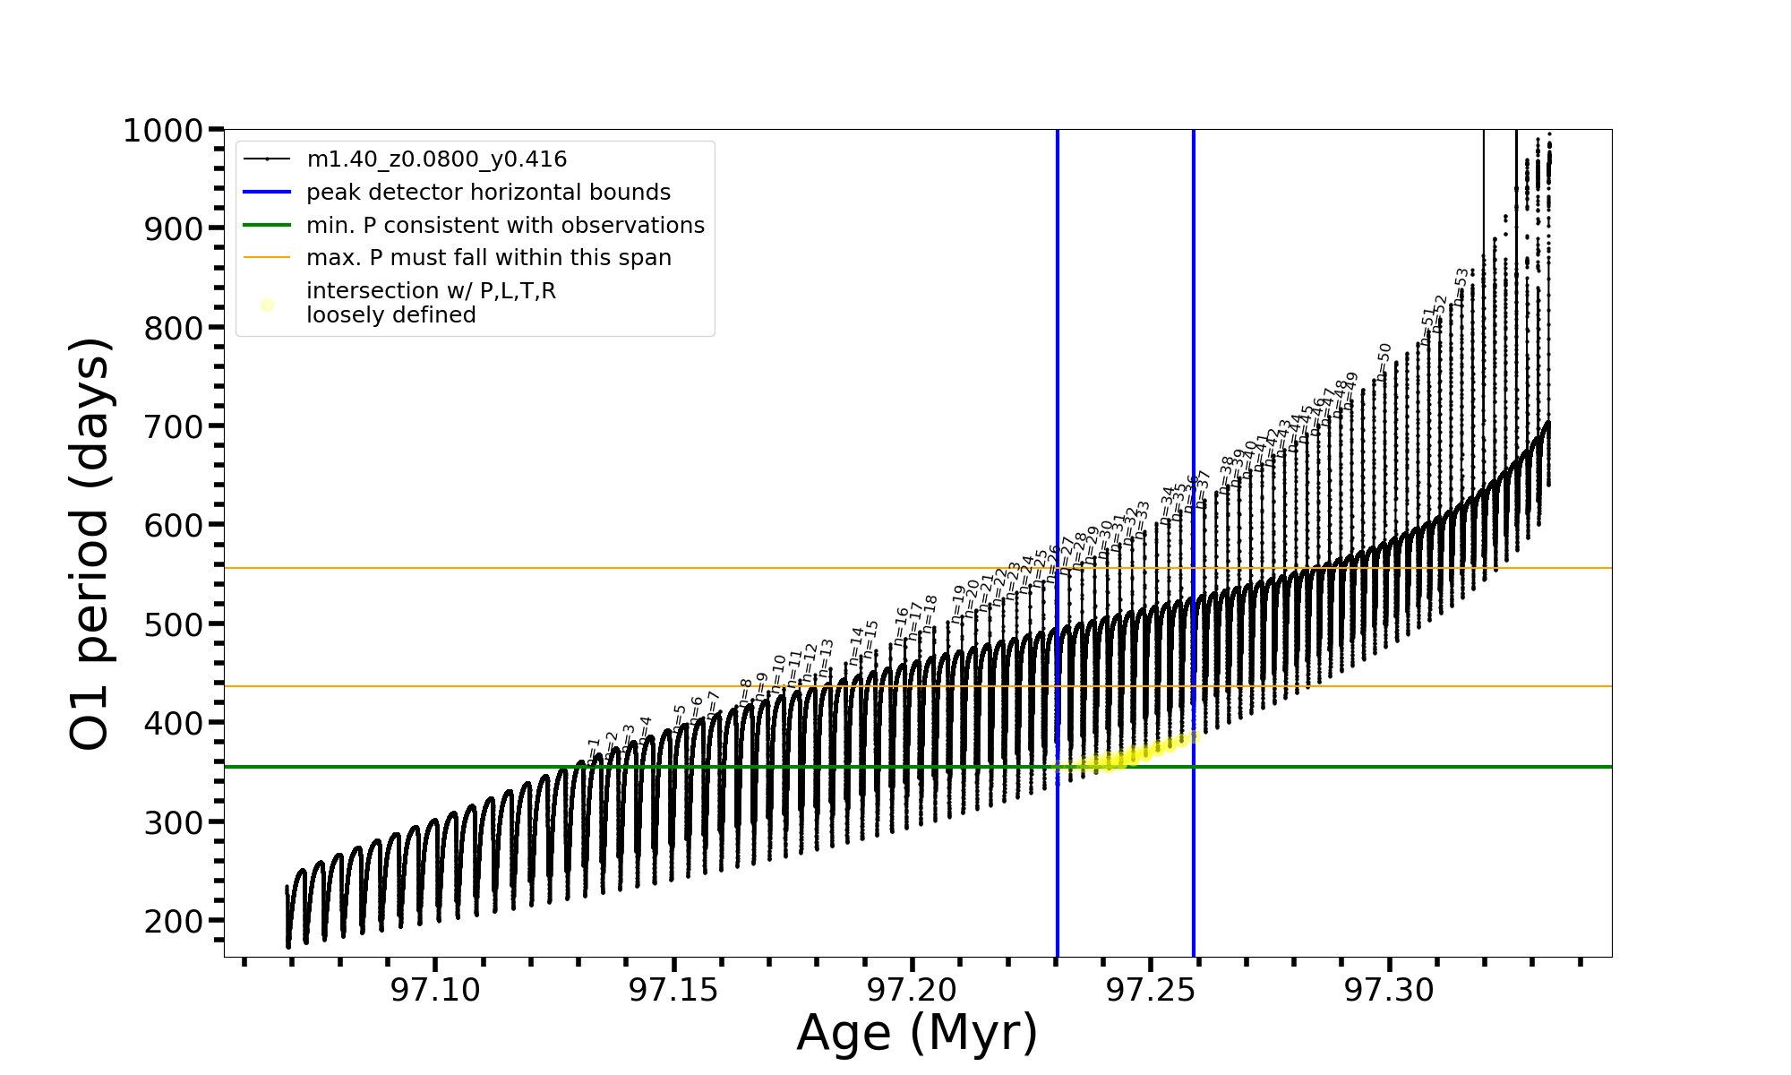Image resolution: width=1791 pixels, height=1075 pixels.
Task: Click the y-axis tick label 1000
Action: coord(162,132)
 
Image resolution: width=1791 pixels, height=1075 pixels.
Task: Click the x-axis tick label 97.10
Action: coord(436,990)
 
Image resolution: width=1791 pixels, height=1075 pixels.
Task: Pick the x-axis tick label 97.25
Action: coord(1151,990)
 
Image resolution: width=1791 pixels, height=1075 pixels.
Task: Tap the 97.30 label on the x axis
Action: coord(1390,990)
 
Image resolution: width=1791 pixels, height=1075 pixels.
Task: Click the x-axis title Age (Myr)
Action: coord(917,1033)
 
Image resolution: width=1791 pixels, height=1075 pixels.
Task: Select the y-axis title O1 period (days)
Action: coord(90,544)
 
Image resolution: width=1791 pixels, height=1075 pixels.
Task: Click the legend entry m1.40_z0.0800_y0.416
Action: coord(436,159)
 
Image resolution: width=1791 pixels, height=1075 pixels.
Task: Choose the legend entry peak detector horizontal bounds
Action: coord(488,193)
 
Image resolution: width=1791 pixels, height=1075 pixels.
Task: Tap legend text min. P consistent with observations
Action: coord(505,226)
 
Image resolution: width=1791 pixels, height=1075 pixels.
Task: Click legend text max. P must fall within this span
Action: coord(488,258)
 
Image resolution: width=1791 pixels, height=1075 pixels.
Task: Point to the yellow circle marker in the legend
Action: coord(267,305)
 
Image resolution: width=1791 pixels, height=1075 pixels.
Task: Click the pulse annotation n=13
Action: coord(826,658)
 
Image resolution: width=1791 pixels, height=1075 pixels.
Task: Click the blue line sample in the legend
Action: coord(267,193)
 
